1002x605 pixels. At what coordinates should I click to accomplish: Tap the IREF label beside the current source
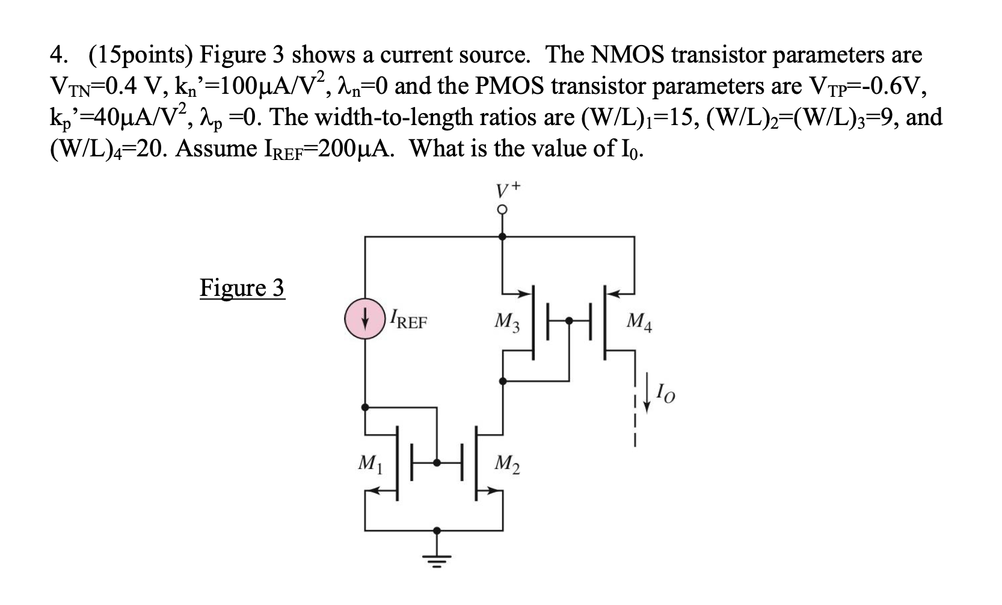click(x=408, y=319)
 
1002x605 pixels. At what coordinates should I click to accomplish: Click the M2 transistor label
click(x=507, y=464)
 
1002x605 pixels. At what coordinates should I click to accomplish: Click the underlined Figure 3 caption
click(x=242, y=287)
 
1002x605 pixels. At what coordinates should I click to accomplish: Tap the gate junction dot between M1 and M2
click(x=437, y=462)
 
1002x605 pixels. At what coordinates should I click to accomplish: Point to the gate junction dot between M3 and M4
click(x=569, y=321)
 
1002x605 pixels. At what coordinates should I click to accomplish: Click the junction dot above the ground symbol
click(x=437, y=530)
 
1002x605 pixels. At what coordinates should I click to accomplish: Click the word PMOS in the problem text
click(x=511, y=86)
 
